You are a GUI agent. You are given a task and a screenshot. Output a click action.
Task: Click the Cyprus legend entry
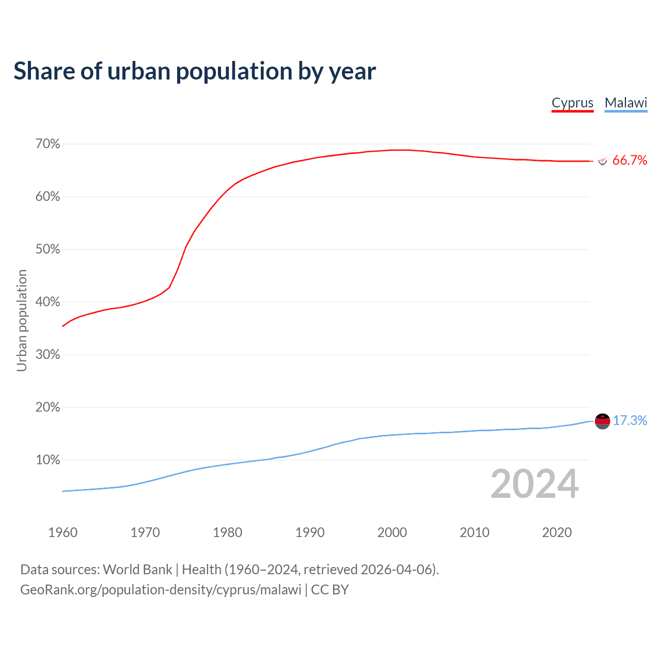572,103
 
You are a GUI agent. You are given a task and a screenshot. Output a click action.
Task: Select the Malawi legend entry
626,103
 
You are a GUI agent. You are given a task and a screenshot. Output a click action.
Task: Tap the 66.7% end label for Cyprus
629,161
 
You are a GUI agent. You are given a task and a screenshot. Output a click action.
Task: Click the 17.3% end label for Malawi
629,421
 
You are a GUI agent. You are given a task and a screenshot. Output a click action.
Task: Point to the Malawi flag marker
602,421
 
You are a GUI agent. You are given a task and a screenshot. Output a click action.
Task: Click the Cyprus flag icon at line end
602,161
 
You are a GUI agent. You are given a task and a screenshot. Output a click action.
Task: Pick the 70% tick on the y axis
48,144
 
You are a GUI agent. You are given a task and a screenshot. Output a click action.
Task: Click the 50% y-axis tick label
48,249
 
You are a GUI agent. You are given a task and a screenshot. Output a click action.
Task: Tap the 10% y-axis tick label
48,460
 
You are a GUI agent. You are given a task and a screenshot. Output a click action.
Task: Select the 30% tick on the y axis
48,355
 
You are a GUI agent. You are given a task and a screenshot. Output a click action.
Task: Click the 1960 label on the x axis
62,532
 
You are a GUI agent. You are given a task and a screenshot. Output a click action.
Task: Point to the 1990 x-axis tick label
310,532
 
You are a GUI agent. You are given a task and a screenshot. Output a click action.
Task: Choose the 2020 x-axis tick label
557,532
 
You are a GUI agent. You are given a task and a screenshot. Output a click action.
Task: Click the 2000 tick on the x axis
392,532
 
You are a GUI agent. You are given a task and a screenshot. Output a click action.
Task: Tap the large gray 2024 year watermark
534,484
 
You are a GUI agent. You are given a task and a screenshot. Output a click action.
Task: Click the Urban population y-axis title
22,320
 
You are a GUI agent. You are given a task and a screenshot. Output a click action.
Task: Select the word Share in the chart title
43,71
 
